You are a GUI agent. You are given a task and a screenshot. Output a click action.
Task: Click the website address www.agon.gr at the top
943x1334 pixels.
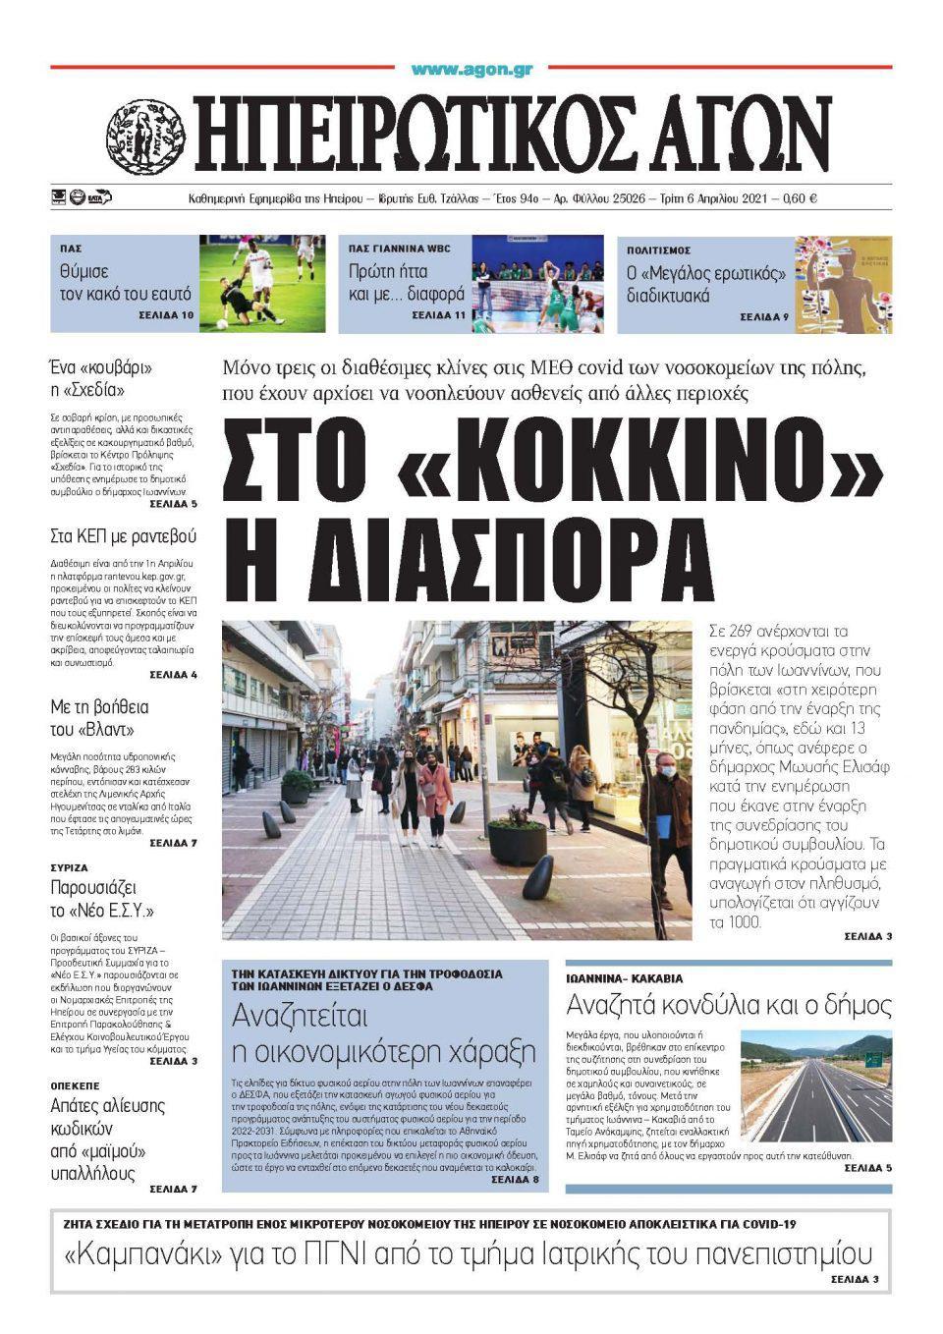(x=471, y=70)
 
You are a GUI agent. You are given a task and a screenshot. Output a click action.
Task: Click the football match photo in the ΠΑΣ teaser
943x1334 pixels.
(x=262, y=283)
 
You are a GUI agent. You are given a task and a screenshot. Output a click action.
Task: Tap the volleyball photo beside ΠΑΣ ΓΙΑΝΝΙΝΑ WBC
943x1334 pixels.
(x=537, y=283)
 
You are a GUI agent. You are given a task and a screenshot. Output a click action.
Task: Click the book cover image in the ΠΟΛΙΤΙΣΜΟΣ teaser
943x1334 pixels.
(x=843, y=283)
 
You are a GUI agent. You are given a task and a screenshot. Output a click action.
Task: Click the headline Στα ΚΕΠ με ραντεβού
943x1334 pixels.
(x=124, y=536)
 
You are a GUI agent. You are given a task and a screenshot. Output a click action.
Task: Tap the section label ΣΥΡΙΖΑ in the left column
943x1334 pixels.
(x=69, y=868)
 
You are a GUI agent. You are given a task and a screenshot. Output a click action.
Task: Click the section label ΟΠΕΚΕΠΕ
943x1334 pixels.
(x=76, y=1085)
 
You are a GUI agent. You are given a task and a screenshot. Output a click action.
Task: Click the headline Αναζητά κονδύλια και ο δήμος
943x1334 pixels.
(x=729, y=1005)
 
